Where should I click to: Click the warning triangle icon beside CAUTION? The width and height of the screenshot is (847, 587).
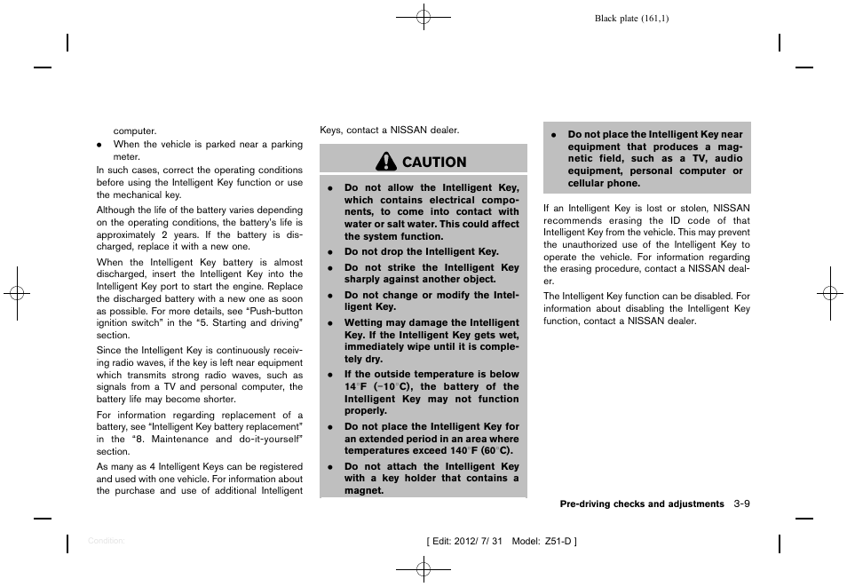pos(386,162)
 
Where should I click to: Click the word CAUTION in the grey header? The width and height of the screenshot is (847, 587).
pos(433,162)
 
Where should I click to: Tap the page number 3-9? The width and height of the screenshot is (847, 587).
pos(742,504)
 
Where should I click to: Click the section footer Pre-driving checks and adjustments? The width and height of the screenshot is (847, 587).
pos(641,504)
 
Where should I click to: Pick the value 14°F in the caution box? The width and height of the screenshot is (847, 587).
pos(356,387)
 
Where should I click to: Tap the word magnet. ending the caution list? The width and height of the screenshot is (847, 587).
pos(364,490)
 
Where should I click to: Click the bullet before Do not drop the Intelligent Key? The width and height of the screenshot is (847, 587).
pos(329,252)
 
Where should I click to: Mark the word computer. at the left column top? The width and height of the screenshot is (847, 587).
pos(135,131)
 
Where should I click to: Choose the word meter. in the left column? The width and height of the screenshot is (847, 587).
pos(126,156)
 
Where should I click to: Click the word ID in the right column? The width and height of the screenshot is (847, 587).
pos(675,221)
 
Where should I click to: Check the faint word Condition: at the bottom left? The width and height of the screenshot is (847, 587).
pos(107,540)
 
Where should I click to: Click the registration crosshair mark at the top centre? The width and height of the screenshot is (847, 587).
pos(423,16)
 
